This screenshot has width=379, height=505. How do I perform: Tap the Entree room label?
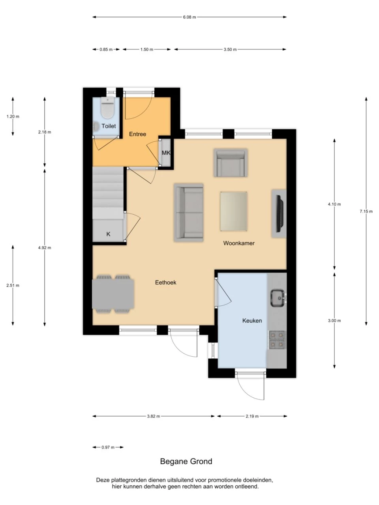coord(137,134)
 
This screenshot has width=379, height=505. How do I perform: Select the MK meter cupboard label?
coord(166,153)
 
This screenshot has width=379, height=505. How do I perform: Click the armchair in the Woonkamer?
coord(231,163)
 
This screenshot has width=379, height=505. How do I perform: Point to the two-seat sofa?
coord(189,212)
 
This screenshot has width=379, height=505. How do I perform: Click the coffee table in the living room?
coord(234,211)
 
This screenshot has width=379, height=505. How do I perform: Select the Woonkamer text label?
coord(238,243)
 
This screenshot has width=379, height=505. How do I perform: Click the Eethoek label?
coord(165,282)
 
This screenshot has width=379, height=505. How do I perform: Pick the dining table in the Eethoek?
coord(113,294)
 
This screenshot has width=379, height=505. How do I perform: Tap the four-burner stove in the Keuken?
coord(277,340)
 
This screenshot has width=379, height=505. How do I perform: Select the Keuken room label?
coord(252,320)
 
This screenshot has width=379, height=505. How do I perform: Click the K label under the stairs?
coord(108,234)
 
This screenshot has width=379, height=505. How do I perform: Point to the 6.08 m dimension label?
coord(189,17)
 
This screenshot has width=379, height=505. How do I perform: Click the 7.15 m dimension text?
coord(366,211)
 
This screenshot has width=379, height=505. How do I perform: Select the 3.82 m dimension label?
coord(153,416)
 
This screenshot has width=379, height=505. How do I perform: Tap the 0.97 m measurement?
coord(108,447)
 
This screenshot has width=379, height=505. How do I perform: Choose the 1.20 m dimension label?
coord(13,116)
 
